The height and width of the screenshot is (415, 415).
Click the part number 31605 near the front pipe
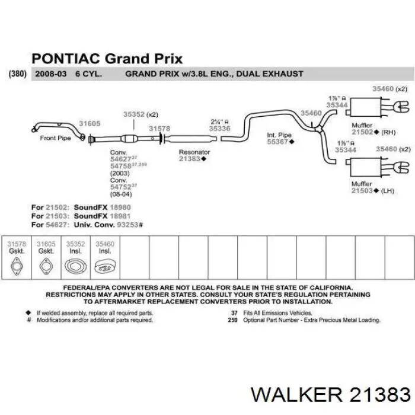click(x=90, y=123)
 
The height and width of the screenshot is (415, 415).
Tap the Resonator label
click(x=194, y=152)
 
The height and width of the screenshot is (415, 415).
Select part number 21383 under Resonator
click(x=190, y=159)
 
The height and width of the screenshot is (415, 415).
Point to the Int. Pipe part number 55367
click(x=277, y=142)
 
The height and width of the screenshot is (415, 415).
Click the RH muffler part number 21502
click(x=362, y=132)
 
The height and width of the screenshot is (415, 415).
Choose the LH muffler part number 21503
click(x=362, y=190)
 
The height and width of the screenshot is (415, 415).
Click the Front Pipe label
click(x=55, y=138)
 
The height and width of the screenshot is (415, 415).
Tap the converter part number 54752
click(x=121, y=187)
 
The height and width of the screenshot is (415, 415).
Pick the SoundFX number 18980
click(x=120, y=207)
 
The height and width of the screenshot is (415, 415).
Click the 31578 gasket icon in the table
click(x=17, y=266)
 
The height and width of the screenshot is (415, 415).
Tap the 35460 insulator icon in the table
click(x=105, y=267)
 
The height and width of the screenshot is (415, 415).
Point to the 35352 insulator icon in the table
click(x=75, y=266)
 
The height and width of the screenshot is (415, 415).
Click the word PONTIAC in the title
click(x=66, y=59)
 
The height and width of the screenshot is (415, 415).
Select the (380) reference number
click(x=17, y=74)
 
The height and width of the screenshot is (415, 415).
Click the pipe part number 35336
click(x=219, y=129)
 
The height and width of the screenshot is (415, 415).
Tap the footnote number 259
click(x=232, y=320)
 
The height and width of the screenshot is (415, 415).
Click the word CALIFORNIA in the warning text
click(x=331, y=288)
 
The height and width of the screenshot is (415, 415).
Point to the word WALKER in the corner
click(x=296, y=395)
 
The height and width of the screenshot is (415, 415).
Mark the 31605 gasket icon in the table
click(x=46, y=266)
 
